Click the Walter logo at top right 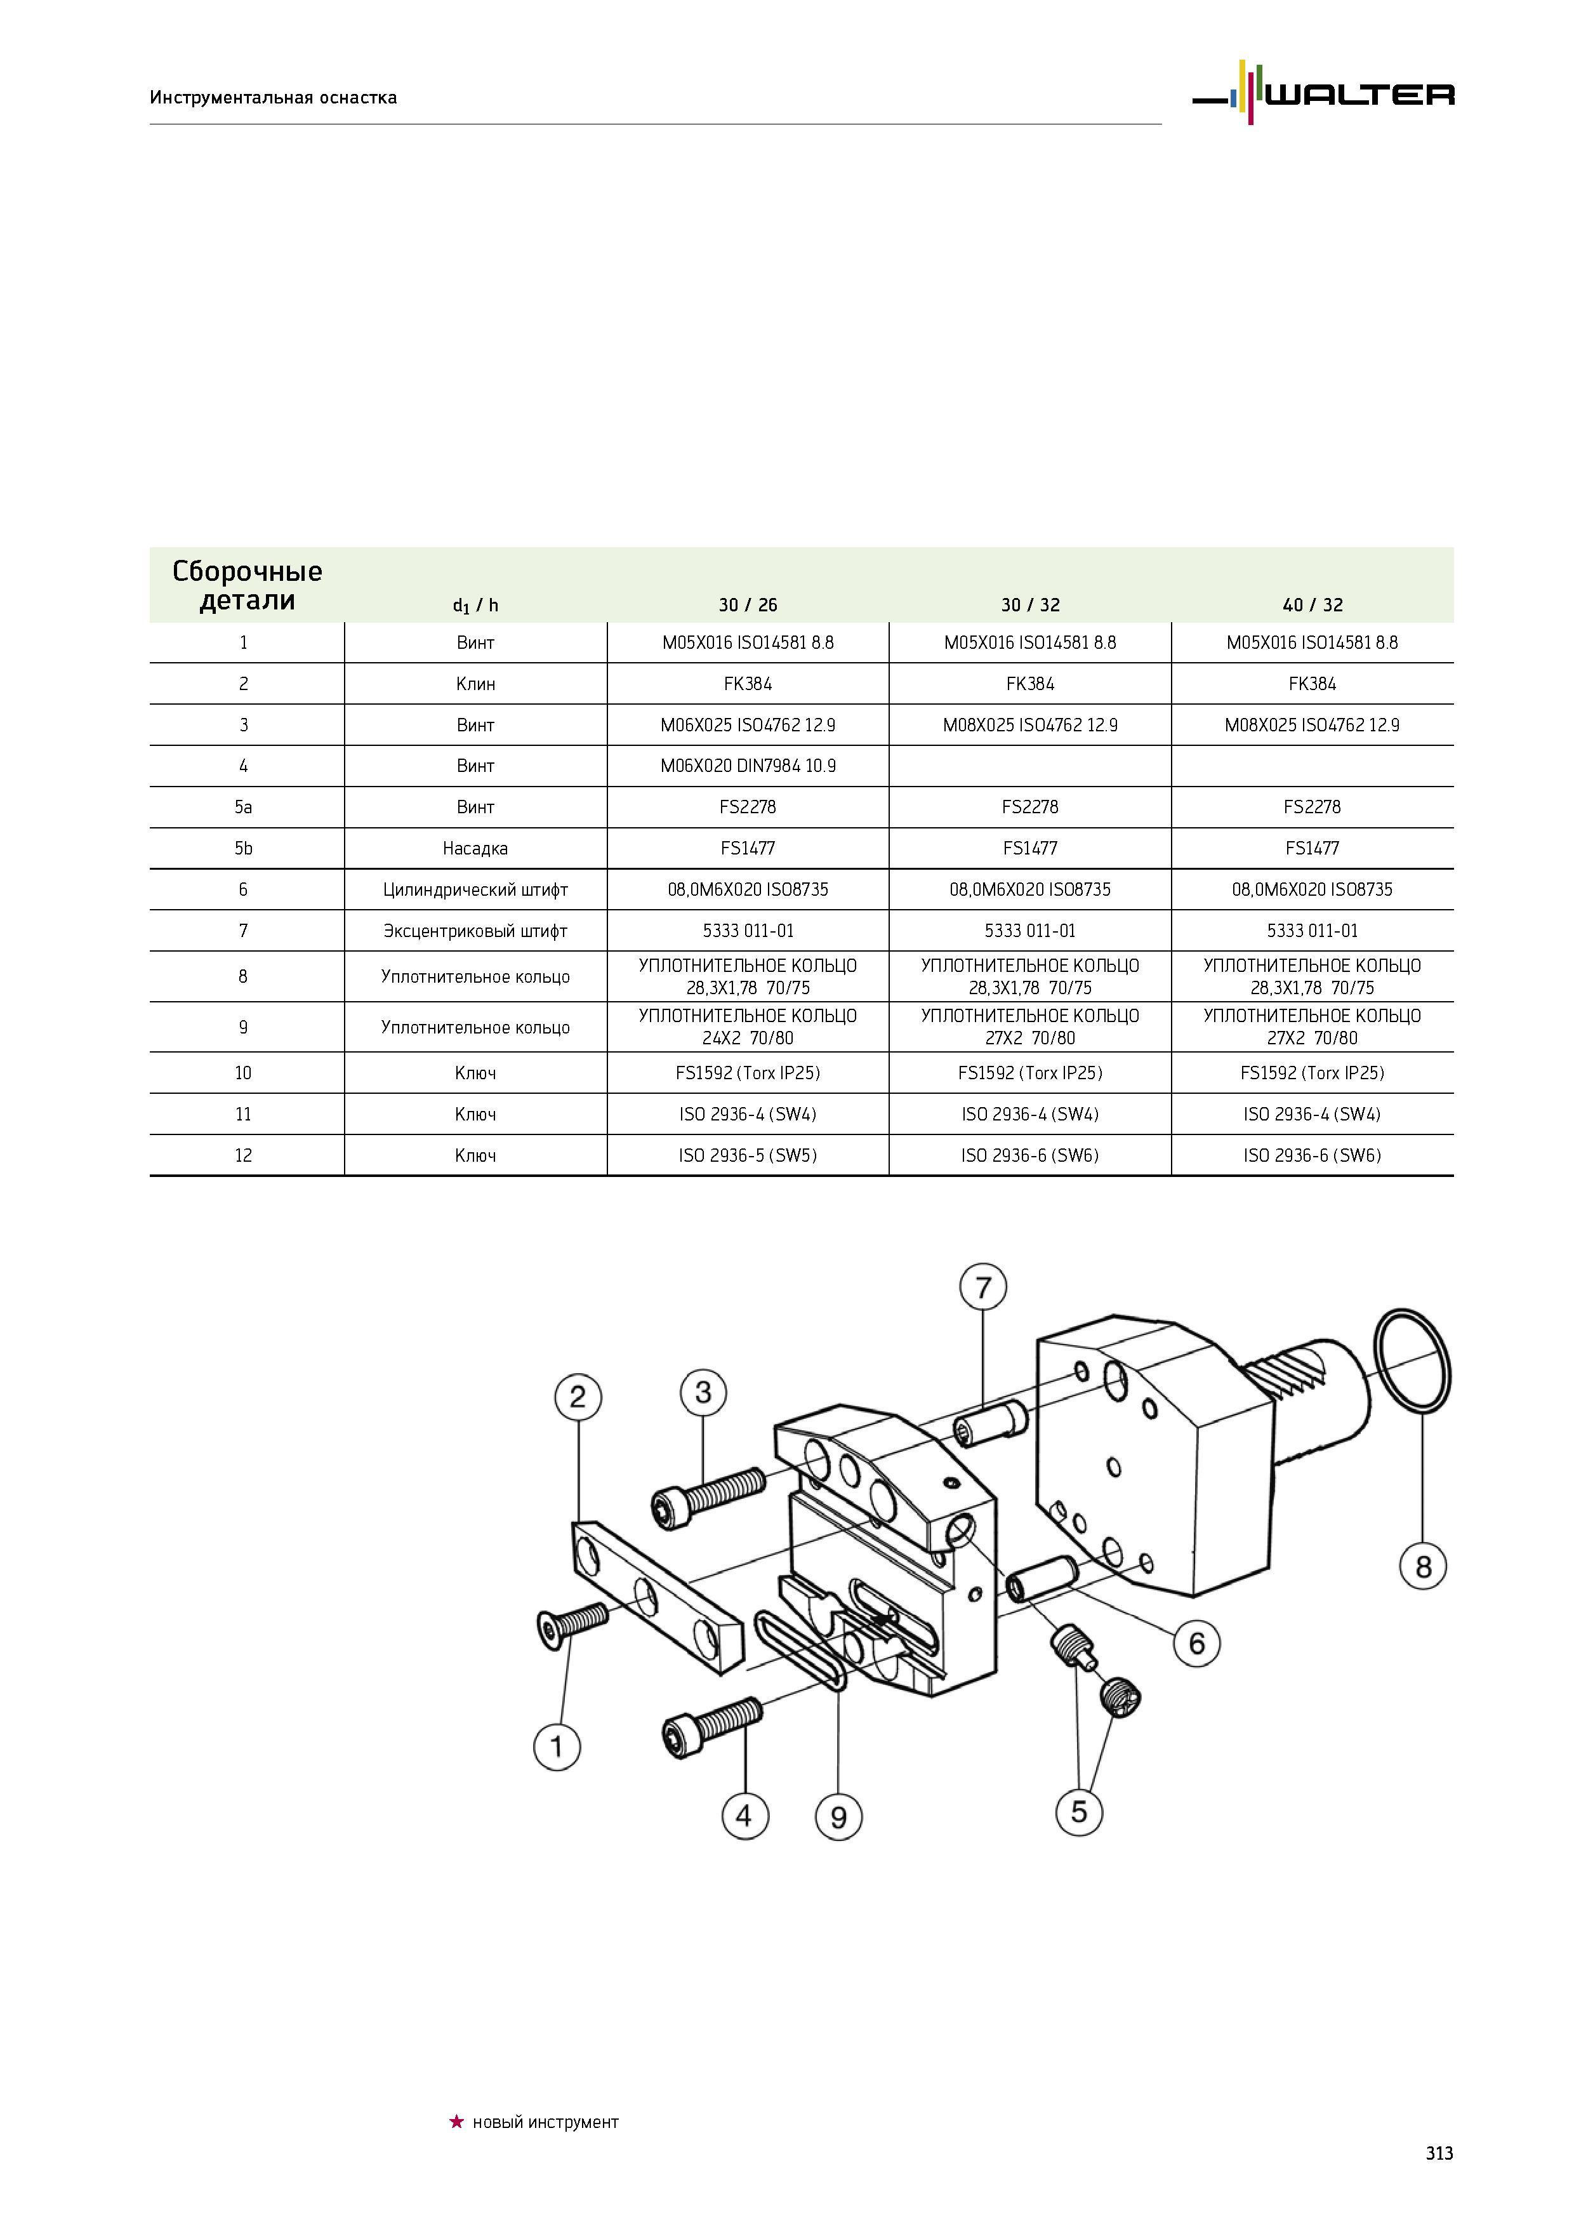[x=1323, y=93]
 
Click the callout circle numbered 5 [x=1080, y=1811]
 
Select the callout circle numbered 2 [x=578, y=1398]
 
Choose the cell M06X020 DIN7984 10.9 [x=748, y=765]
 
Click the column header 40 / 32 [x=1312, y=605]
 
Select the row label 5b [x=244, y=848]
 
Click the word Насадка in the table [x=475, y=848]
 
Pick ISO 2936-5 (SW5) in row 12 [x=748, y=1155]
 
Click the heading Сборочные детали [x=248, y=585]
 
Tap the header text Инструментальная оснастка [x=274, y=97]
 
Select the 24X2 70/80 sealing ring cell [x=748, y=1027]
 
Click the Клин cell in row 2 [x=475, y=684]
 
